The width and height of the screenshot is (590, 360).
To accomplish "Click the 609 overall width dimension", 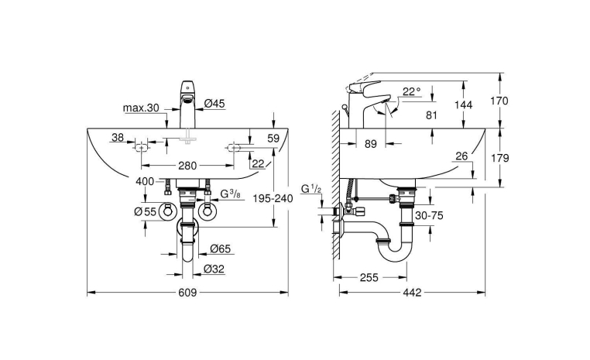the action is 187,293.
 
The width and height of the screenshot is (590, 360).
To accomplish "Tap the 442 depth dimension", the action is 413,293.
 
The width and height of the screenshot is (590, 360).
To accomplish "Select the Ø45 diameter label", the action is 214,103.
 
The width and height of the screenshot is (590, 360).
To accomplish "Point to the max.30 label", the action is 141,108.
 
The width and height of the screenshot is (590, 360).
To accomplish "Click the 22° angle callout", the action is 411,91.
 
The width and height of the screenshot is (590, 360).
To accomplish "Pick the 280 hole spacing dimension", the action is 187,166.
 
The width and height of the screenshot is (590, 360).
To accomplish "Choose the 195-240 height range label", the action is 273,198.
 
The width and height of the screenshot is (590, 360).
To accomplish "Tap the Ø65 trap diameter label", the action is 220,249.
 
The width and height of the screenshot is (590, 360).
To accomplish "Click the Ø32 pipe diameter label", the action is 214,269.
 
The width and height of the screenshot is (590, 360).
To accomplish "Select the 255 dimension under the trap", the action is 369,278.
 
